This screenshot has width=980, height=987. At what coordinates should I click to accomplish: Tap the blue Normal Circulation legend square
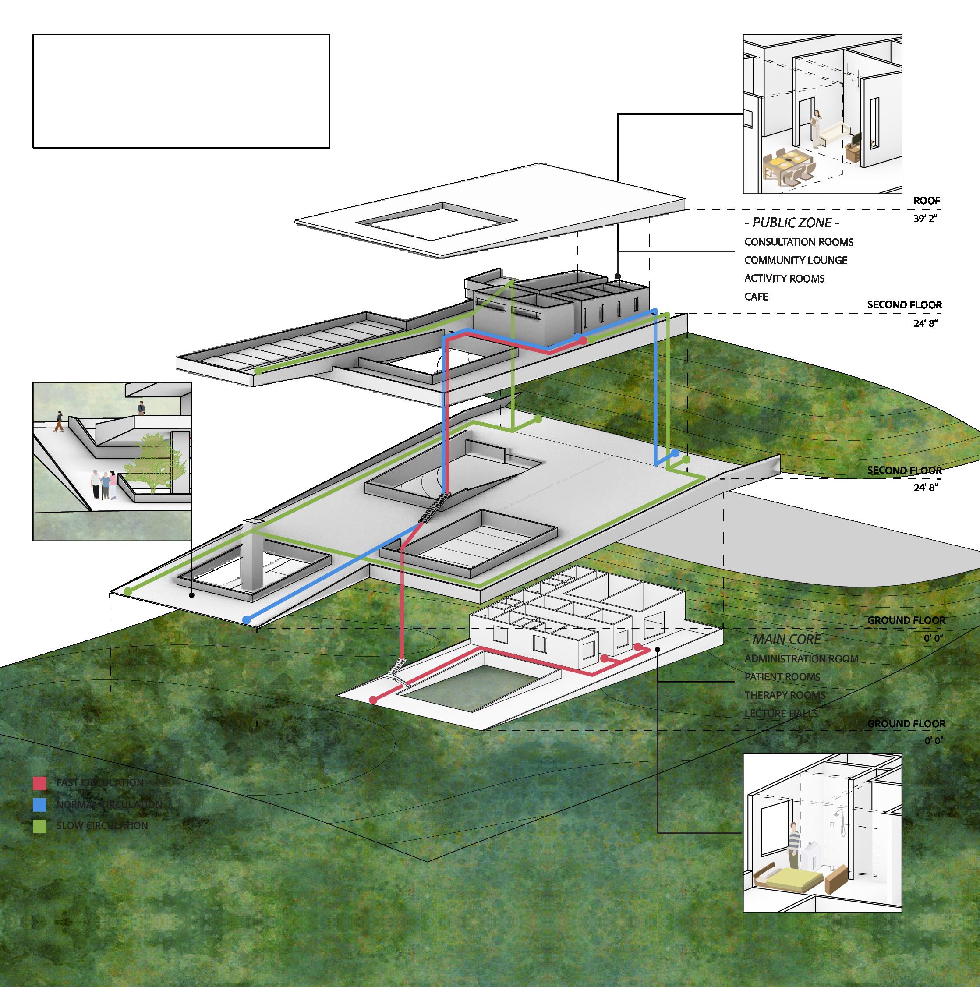tap(39, 805)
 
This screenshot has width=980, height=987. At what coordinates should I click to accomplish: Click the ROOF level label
tap(927, 201)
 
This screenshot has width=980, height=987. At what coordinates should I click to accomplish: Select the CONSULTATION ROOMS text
tap(799, 242)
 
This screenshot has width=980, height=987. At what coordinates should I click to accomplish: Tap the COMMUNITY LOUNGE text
tap(796, 260)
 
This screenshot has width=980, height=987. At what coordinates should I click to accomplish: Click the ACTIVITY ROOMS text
tap(784, 279)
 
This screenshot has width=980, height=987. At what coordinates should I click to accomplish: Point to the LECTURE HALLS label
tap(781, 714)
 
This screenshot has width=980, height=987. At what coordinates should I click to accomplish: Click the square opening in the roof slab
tap(435, 221)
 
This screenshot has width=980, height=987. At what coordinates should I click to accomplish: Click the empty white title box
tap(181, 92)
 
